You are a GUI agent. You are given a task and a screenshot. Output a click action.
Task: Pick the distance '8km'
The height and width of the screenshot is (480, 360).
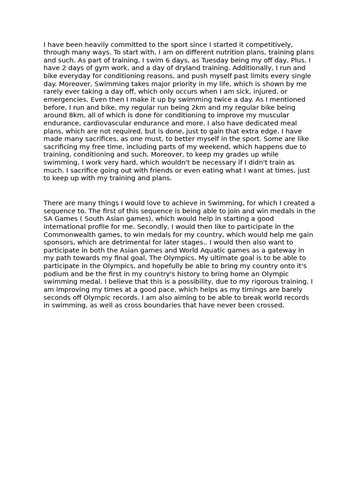coord(77,116)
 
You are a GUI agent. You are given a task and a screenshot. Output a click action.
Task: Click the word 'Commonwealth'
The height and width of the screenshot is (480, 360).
coord(70,235)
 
